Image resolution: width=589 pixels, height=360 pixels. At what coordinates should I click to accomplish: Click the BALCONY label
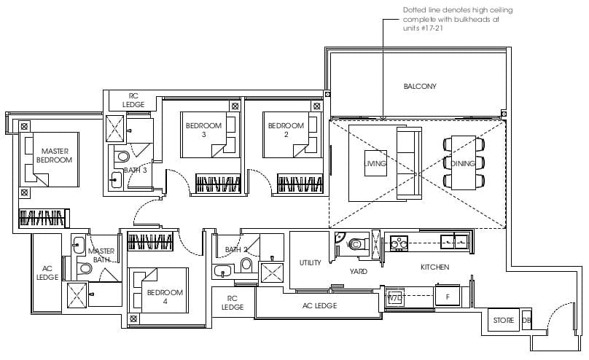(420, 86)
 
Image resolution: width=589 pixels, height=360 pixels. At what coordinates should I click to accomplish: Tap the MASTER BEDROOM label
(55, 155)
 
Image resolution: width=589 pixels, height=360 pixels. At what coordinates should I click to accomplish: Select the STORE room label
(504, 320)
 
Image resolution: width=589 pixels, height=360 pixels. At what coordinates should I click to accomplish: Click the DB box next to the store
(526, 320)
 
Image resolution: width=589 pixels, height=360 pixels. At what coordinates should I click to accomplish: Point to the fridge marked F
(448, 297)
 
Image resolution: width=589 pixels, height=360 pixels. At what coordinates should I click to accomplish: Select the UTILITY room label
(311, 263)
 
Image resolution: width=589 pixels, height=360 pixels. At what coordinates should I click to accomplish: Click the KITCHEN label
(434, 267)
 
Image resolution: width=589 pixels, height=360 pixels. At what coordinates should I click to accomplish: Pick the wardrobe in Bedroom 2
(300, 184)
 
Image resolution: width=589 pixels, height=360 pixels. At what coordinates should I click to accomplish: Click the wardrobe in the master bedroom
(44, 218)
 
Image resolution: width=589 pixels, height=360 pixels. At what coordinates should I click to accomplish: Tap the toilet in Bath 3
(121, 156)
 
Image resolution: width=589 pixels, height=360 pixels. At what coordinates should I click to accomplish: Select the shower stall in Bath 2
(273, 273)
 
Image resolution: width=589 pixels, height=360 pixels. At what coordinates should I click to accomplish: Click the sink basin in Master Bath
(78, 245)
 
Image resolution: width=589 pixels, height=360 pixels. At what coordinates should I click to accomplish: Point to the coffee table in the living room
(375, 163)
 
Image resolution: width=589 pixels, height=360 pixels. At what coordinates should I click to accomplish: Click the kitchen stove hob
(398, 243)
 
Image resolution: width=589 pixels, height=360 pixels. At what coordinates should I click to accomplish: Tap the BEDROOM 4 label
(165, 297)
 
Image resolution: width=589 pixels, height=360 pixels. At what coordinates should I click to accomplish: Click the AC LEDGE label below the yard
(320, 306)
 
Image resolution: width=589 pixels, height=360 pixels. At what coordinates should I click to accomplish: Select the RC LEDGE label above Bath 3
(133, 101)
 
